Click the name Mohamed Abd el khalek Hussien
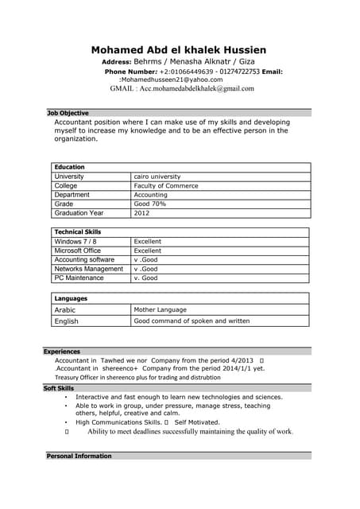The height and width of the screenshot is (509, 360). point(179,50)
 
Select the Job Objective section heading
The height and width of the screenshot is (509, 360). point(68,113)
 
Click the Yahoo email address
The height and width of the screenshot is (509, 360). point(172,80)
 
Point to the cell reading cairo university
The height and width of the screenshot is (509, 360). point(157,177)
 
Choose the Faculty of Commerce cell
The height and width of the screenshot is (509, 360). point(166,186)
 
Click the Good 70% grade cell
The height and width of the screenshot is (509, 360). point(150,204)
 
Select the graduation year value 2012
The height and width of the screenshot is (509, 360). point(141,213)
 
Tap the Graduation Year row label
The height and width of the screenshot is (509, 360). point(79,213)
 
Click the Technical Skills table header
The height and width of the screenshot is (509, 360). point(78,231)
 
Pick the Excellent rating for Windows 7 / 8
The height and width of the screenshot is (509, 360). point(148,241)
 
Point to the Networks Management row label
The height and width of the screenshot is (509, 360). point(89,269)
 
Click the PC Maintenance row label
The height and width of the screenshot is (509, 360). point(79,278)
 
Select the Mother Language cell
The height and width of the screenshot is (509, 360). point(161,309)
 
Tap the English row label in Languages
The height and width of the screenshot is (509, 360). point(67,321)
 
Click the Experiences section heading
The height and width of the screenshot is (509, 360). point(62,351)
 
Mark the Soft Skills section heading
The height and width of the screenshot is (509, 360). point(59,388)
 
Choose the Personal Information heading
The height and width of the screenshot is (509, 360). point(79,456)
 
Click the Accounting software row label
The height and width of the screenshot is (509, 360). point(85,259)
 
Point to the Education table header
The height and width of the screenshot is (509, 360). point(70,167)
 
